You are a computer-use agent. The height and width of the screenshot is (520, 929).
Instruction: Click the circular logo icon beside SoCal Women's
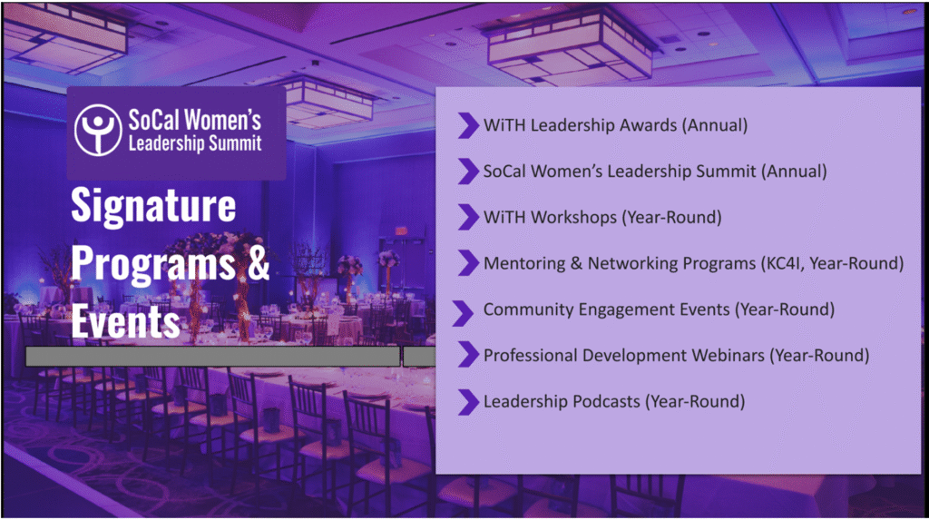point(98,131)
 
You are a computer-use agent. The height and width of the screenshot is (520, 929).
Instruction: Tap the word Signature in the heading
point(153,205)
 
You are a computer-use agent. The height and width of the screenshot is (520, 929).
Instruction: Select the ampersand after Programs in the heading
point(259,263)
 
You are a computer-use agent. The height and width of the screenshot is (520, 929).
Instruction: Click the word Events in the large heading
point(125,322)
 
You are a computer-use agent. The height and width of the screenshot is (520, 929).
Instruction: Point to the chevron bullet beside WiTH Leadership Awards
point(468,126)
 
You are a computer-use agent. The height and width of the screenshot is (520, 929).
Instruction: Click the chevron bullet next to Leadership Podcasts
point(468,402)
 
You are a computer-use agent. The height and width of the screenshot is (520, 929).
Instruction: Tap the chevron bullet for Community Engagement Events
point(463,313)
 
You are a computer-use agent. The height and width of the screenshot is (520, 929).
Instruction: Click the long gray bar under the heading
point(212,357)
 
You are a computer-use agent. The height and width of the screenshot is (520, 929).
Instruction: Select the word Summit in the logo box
point(239,143)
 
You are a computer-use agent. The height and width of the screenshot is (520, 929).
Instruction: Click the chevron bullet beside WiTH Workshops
point(468,217)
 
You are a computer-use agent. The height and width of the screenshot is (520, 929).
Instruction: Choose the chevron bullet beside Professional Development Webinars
point(468,355)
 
